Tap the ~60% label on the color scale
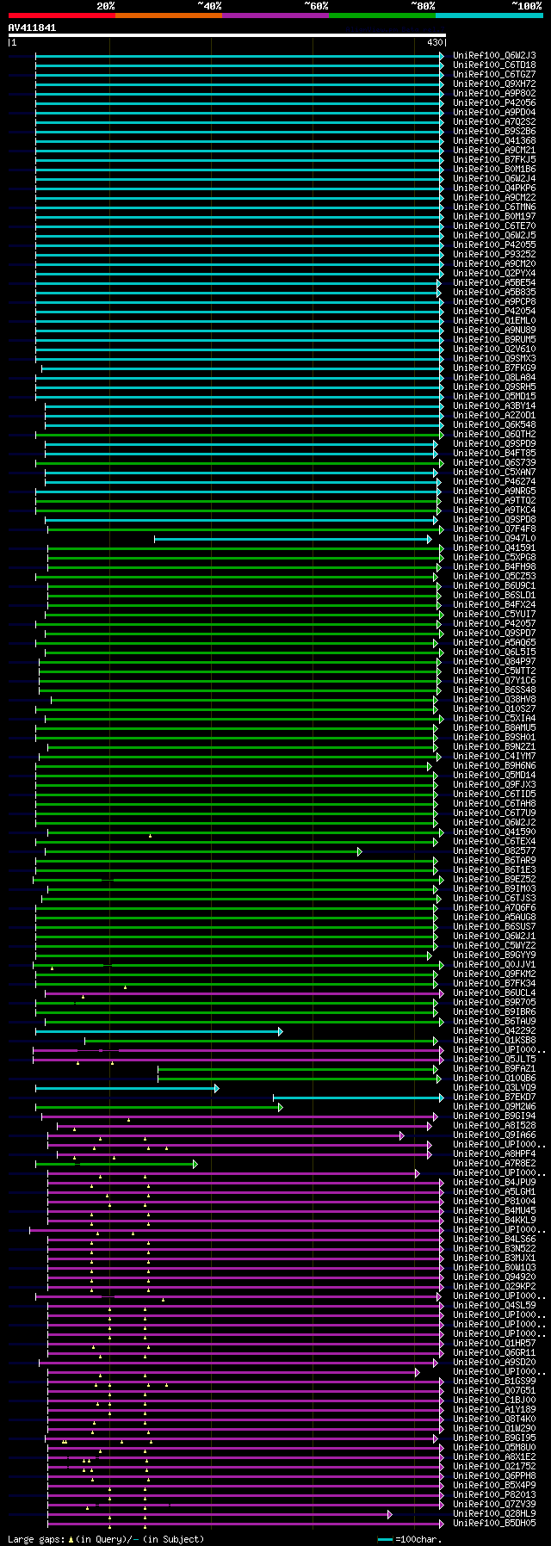tap(316, 6)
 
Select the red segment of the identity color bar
tap(61, 15)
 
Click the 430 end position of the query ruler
tap(434, 42)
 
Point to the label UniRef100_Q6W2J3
tap(494, 56)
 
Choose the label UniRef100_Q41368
tap(494, 141)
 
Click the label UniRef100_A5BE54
tap(494, 283)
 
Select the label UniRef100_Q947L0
tap(494, 539)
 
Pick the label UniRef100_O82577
tap(494, 851)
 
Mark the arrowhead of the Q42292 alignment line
tap(280, 1031)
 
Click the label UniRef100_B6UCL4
tap(494, 993)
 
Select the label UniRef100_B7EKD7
tap(494, 1098)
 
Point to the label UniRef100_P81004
tap(494, 1202)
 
